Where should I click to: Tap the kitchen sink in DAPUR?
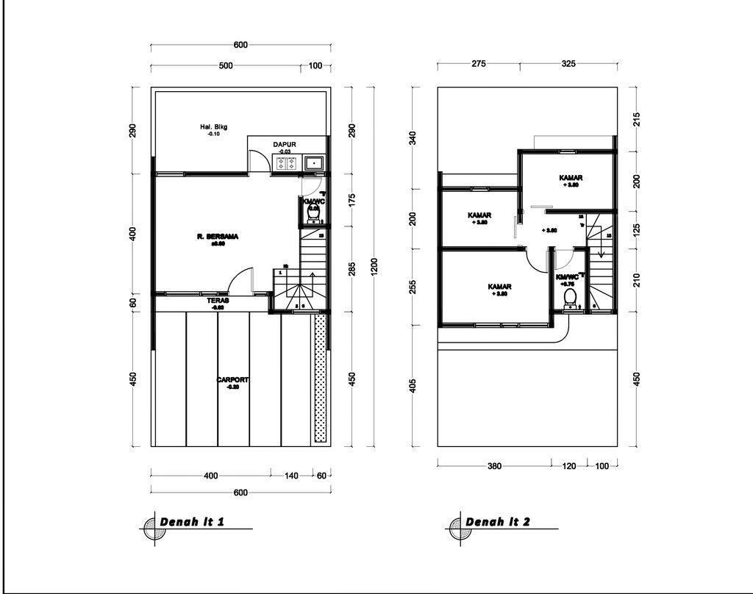point(314,163)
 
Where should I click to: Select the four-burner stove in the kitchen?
point(285,164)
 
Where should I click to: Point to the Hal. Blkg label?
point(214,127)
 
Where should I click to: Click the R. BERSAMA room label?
point(218,237)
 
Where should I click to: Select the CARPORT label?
point(232,380)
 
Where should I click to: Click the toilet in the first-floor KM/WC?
point(313,214)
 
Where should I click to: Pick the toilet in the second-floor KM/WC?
point(568,297)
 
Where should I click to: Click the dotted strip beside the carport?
point(319,378)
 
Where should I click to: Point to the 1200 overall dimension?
point(374,265)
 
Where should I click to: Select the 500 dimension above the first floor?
point(226,66)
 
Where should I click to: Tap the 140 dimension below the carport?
point(291,476)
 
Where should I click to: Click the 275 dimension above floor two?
point(479,64)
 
